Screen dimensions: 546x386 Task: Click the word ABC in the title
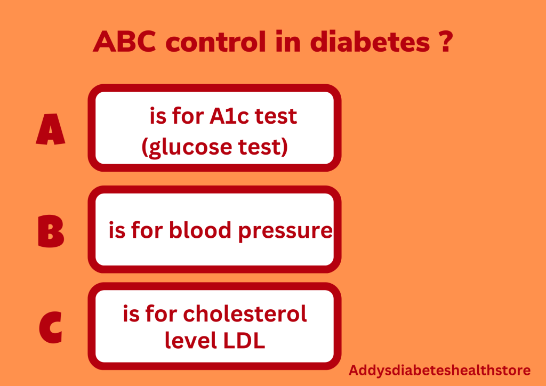click(x=124, y=42)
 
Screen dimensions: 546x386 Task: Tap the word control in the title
click(x=215, y=42)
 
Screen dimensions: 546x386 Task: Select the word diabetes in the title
click(x=370, y=42)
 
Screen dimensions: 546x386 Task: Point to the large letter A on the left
click(x=51, y=129)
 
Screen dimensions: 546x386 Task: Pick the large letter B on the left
click(x=51, y=231)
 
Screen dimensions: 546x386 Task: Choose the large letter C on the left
click(x=51, y=327)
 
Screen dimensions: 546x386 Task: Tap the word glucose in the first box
click(x=187, y=147)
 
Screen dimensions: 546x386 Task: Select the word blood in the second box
click(x=200, y=230)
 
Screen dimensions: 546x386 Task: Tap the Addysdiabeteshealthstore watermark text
click(x=439, y=371)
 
